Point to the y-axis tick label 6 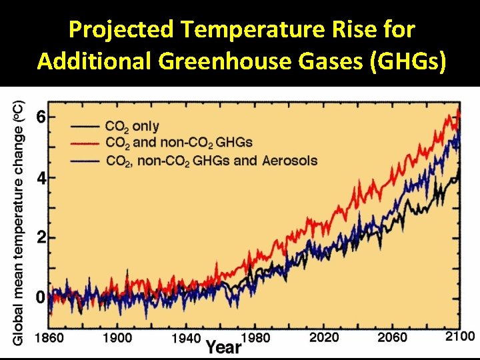pos(41,117)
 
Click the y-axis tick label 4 pos(41,179)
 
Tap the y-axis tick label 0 pos(41,297)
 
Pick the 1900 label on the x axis pos(118,337)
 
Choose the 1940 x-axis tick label pos(186,338)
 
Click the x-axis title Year pos(223,347)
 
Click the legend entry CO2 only pos(132,126)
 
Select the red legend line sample pos(85,143)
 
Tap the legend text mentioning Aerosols pos(211,160)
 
